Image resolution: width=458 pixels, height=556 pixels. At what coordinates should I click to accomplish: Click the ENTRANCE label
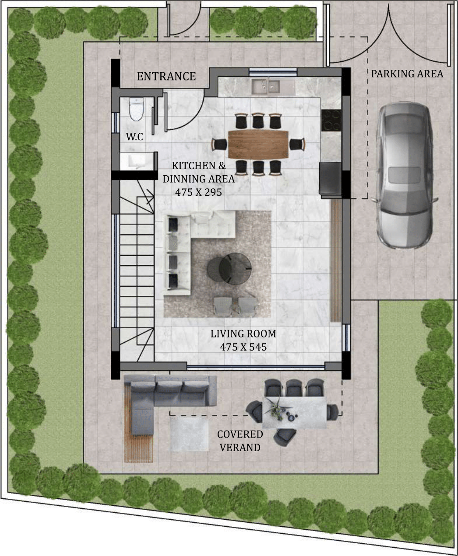[x=166, y=76]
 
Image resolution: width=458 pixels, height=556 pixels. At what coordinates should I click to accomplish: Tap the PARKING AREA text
[x=407, y=74]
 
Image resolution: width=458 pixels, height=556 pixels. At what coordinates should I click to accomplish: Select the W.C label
[x=134, y=136]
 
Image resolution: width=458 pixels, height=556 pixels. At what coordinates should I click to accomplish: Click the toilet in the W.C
[x=136, y=109]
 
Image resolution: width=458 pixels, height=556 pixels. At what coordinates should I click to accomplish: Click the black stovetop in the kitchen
[x=331, y=120]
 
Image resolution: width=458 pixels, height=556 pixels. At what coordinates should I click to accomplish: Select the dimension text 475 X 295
[x=198, y=192]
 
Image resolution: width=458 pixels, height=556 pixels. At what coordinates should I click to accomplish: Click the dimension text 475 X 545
[x=243, y=347]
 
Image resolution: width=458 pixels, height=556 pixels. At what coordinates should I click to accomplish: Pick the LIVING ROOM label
[x=243, y=334]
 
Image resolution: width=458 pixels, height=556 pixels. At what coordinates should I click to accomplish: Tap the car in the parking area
[x=406, y=175]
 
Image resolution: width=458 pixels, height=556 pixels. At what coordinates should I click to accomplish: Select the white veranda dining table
[x=294, y=412]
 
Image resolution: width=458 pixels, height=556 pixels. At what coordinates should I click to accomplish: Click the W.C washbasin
[x=137, y=161]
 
